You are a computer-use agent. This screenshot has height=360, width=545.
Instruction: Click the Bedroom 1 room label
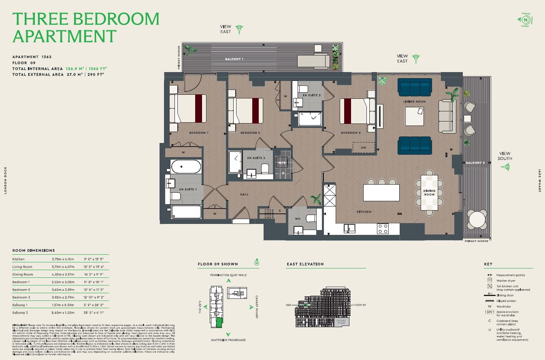point(198,133)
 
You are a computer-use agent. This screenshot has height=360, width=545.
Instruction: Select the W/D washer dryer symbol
point(281,163)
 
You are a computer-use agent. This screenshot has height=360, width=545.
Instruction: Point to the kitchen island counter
point(381,192)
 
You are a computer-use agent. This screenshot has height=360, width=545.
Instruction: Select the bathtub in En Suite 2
point(235,162)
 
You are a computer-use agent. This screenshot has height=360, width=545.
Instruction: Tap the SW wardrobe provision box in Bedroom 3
point(363,147)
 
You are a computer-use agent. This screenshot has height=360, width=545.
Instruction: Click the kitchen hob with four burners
point(383,228)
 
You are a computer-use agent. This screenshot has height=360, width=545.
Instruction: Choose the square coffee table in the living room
point(414,116)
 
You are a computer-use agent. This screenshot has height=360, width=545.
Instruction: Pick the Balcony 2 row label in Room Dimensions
point(20,313)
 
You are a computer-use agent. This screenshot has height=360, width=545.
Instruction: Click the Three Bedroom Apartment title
point(86,27)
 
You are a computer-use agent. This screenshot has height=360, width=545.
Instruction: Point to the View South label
point(505,156)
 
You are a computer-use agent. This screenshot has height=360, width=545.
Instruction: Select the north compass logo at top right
point(526,19)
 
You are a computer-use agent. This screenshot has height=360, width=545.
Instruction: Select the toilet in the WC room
point(310,218)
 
